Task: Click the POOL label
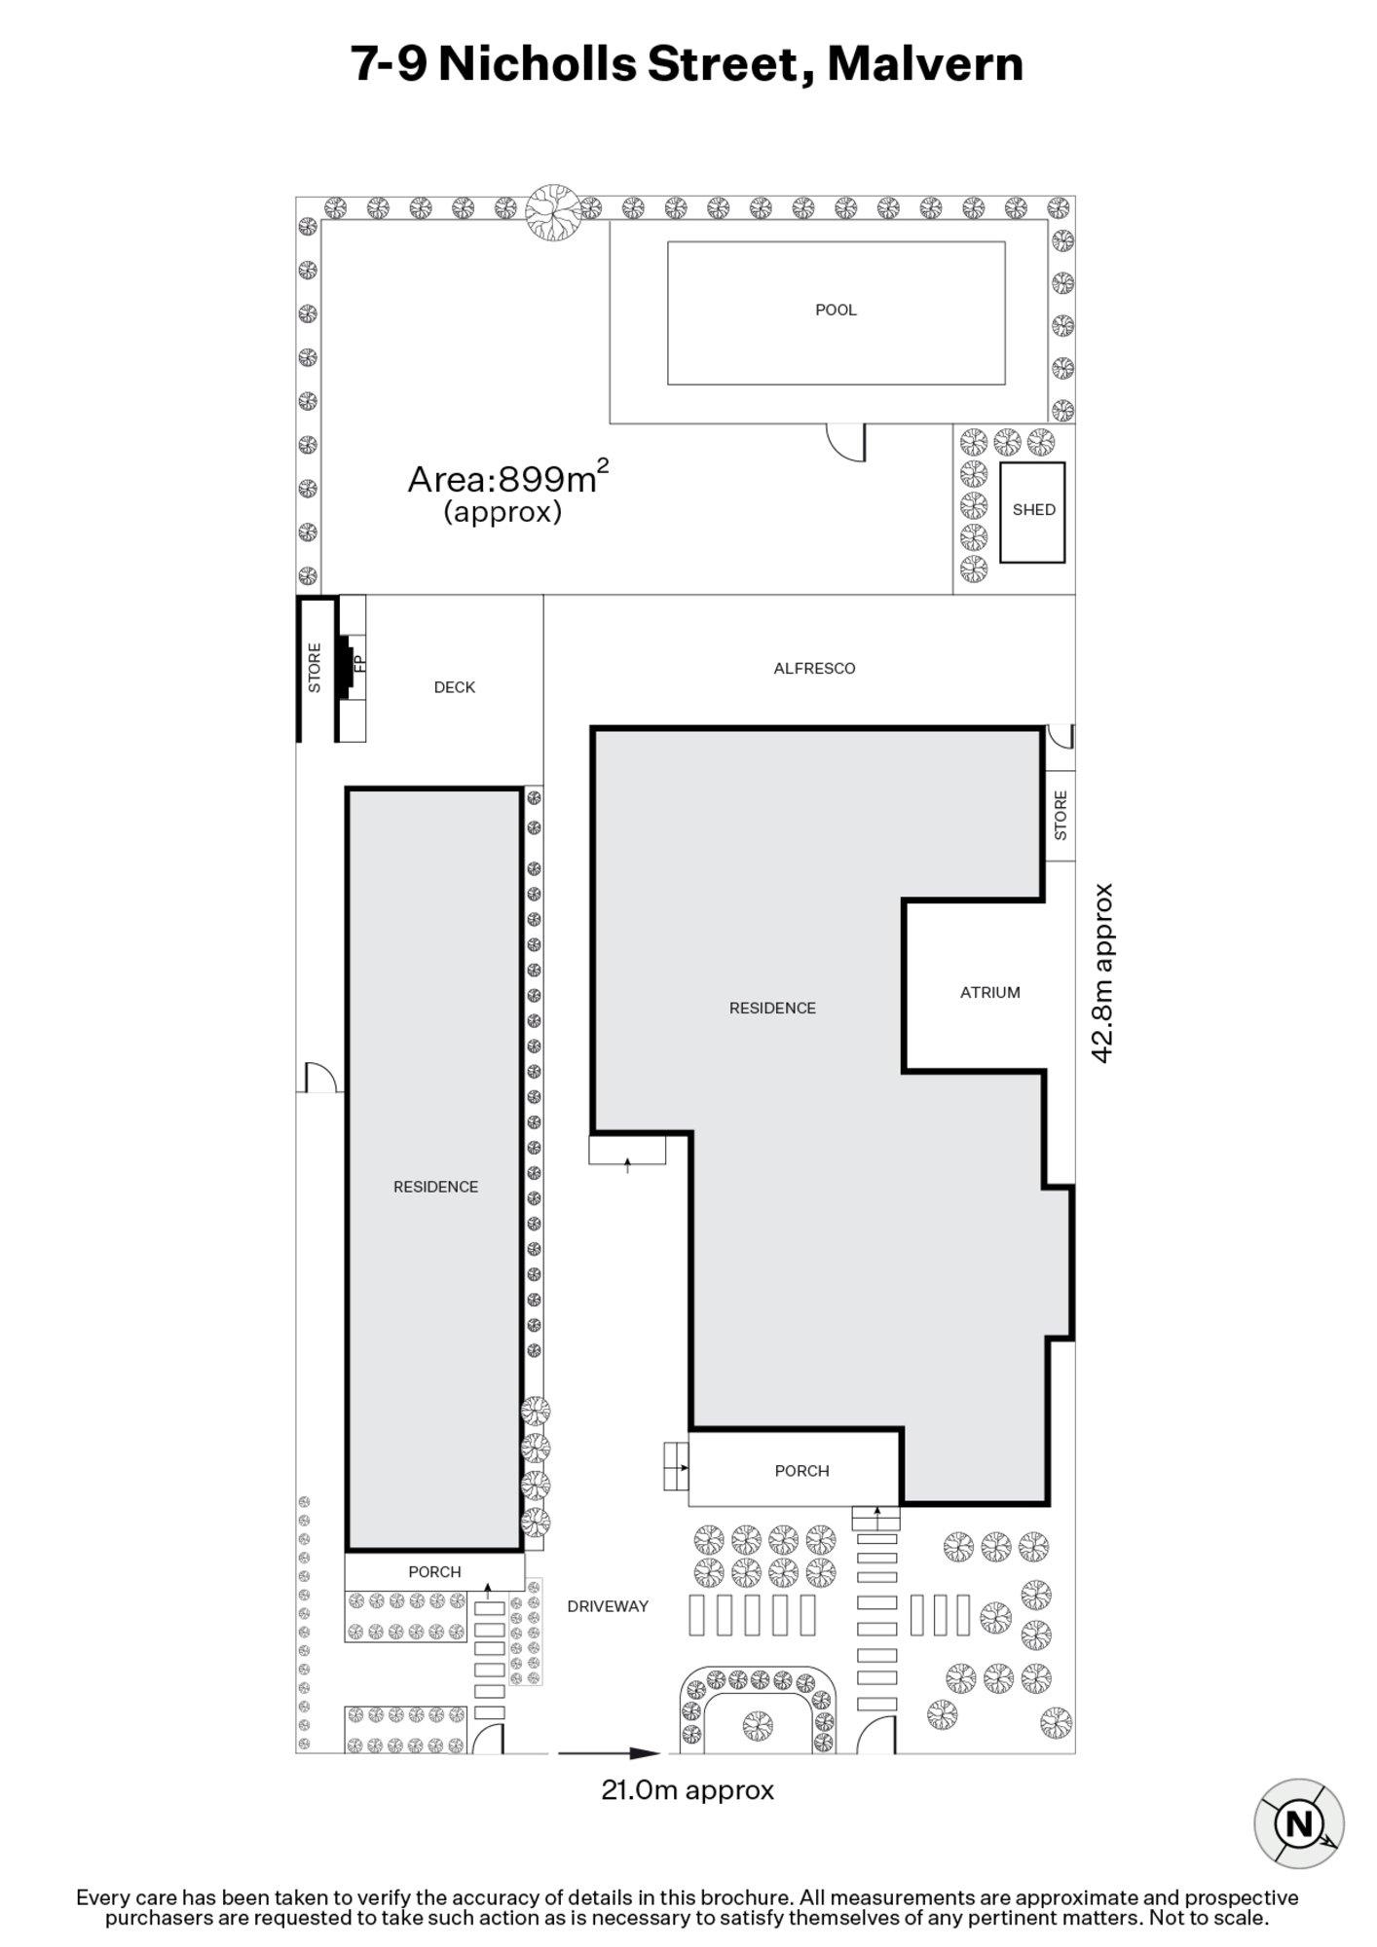(836, 310)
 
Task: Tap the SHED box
(1032, 510)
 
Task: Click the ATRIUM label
(989, 992)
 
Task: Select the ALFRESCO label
(814, 668)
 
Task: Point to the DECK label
(454, 687)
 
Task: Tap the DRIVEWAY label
(607, 1606)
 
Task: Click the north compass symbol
(1298, 1823)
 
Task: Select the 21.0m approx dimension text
(688, 1790)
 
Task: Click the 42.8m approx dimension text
(1101, 973)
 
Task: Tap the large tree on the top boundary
(553, 211)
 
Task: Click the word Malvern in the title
(924, 64)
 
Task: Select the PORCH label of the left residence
(434, 1571)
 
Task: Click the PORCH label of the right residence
(801, 1471)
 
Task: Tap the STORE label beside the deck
(315, 668)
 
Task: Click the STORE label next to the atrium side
(1061, 815)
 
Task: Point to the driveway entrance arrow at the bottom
(610, 1753)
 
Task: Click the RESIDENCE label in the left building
(435, 1187)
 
